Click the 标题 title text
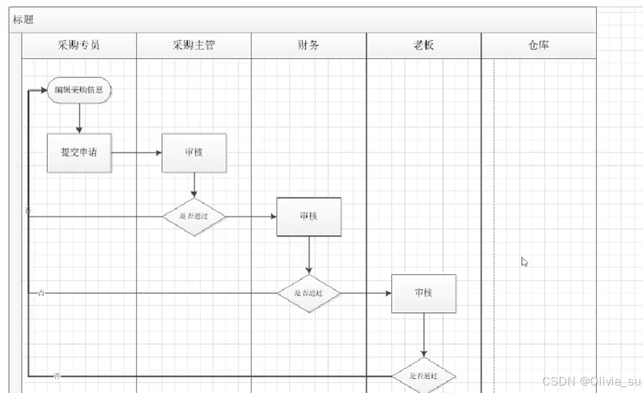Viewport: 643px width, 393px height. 24,19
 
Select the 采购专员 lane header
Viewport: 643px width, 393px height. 79,46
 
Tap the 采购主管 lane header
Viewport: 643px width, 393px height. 194,46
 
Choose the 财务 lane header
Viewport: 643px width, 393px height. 308,46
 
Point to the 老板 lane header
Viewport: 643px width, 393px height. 423,46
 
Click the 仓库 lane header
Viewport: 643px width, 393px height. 538,46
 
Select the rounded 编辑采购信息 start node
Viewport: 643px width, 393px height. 79,90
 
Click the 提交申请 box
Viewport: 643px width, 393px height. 79,152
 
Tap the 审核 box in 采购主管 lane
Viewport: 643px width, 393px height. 194,152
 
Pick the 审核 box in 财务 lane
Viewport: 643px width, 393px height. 308,216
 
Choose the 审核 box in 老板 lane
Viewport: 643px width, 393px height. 423,293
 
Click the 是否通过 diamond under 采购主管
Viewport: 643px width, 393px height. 194,216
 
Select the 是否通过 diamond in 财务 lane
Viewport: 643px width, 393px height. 308,294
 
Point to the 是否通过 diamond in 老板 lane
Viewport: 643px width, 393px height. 424,376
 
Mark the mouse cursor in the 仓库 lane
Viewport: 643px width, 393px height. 525,262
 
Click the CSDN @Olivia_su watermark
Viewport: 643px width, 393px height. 591,382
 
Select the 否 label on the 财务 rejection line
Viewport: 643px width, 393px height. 42,294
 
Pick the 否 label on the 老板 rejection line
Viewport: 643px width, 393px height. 57,376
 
